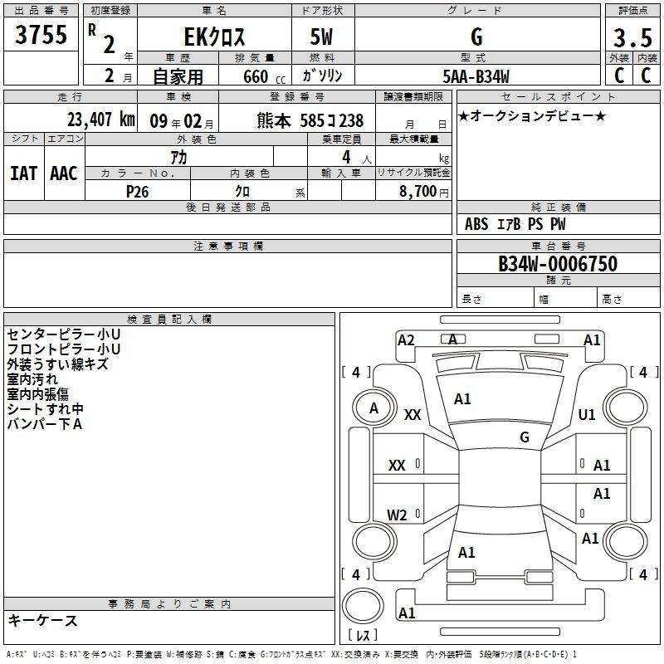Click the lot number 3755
click(41, 35)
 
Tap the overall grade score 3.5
click(632, 38)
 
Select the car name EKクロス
click(214, 37)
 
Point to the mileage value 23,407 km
click(100, 120)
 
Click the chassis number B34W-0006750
click(558, 264)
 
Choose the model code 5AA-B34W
click(476, 76)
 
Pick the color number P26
click(137, 192)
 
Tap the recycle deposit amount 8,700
click(417, 192)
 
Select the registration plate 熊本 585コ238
click(310, 120)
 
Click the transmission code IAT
click(23, 173)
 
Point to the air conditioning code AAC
click(64, 173)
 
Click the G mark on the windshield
click(525, 437)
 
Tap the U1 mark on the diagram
click(587, 414)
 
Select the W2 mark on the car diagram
click(397, 515)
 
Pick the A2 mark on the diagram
click(406, 340)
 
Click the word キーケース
click(42, 620)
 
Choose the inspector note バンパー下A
click(45, 424)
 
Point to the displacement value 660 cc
click(264, 77)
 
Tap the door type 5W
click(321, 37)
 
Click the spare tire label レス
click(363, 635)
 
